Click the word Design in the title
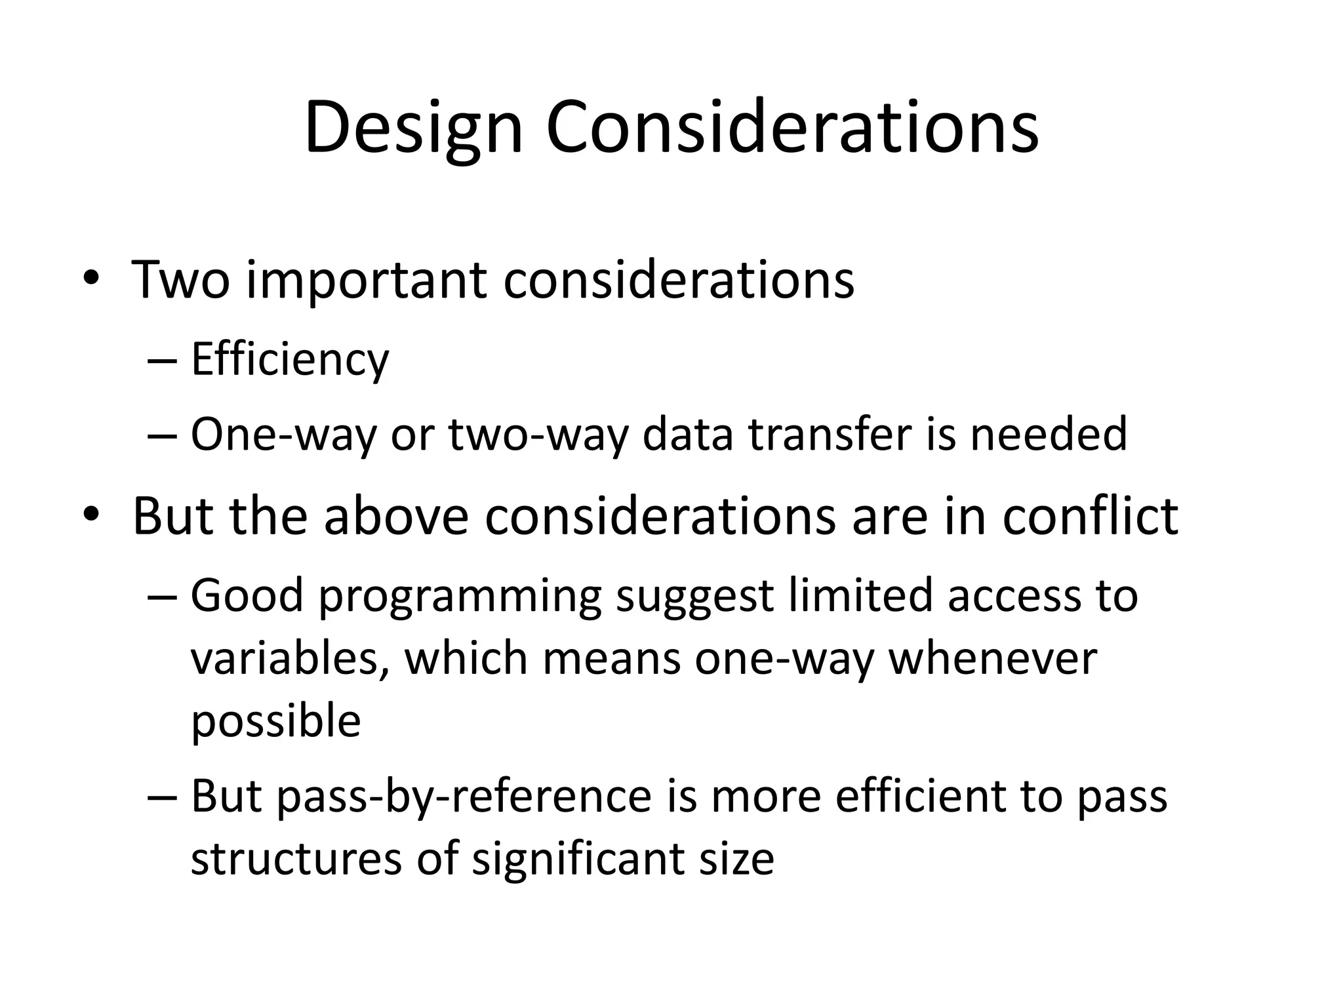[x=413, y=128]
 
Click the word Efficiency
[x=290, y=360]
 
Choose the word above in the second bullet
[x=396, y=517]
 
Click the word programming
[x=460, y=597]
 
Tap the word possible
[x=275, y=722]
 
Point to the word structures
[x=296, y=859]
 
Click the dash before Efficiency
[x=163, y=361]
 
